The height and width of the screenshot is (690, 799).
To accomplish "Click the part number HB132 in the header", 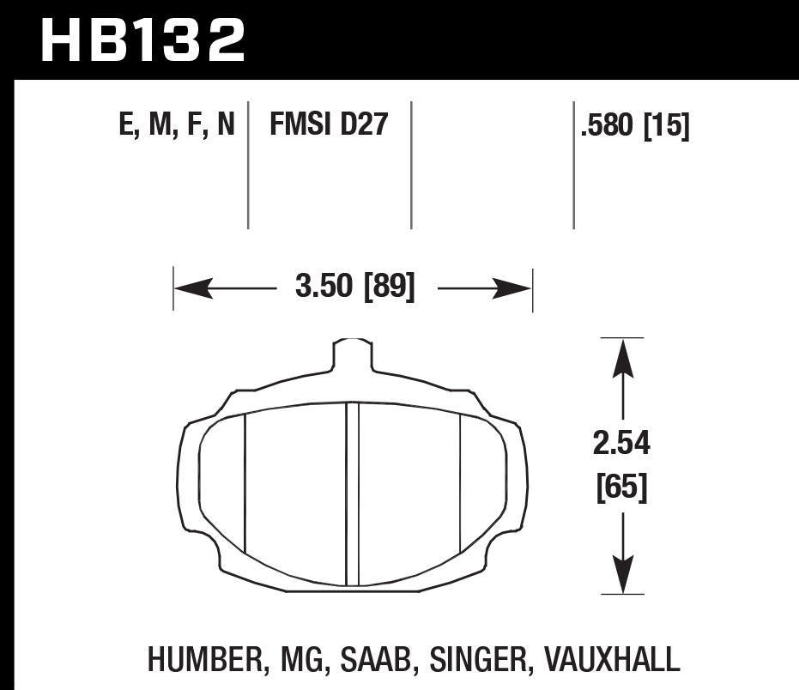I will pyautogui.click(x=142, y=40).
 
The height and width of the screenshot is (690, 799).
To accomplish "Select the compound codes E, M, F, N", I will pyautogui.click(x=178, y=127).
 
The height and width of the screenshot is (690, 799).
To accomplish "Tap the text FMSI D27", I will pyautogui.click(x=330, y=127).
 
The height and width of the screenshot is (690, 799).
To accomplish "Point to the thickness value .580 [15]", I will pyautogui.click(x=635, y=127).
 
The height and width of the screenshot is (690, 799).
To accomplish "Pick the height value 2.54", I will pyautogui.click(x=621, y=445).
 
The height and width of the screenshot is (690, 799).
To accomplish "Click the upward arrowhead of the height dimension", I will pyautogui.click(x=621, y=357).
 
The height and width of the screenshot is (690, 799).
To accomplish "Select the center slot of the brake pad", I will pyautogui.click(x=352, y=494).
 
